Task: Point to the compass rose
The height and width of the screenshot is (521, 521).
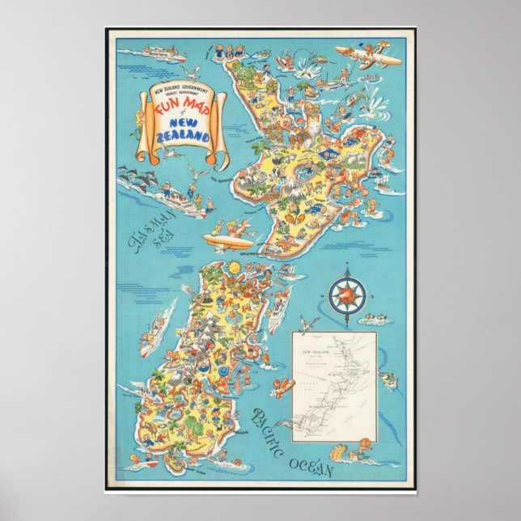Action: point(348,295)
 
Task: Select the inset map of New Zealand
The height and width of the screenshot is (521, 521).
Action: point(333,386)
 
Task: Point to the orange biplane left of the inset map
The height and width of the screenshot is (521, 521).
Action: point(283,387)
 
